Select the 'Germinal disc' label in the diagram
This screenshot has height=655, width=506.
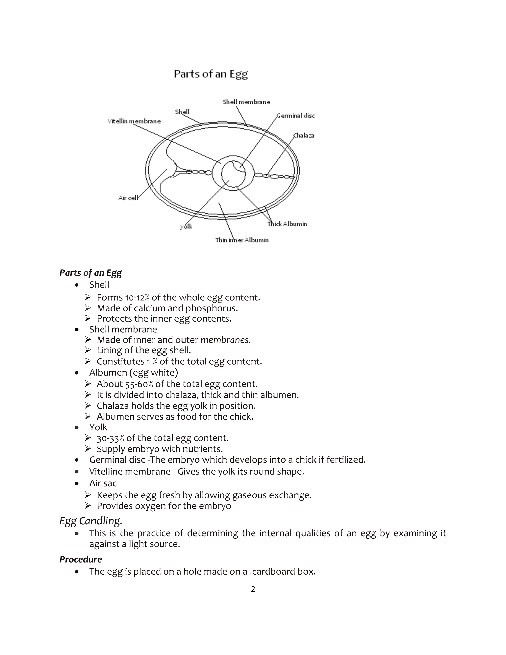296,116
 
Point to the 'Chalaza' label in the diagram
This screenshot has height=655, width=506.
304,136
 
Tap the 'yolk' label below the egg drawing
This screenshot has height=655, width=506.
186,226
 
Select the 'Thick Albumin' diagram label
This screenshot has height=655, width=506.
287,224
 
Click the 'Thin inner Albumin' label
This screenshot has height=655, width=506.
242,240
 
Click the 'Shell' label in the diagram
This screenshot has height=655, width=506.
182,112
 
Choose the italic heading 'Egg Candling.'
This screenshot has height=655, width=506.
90,521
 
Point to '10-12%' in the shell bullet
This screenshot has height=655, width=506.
137,298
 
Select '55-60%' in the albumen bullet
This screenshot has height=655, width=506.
141,384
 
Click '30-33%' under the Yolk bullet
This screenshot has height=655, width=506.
110,438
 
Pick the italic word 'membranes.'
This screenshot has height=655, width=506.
225,340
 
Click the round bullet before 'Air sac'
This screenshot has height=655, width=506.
77,484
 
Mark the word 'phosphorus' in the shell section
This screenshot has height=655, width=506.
211,308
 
